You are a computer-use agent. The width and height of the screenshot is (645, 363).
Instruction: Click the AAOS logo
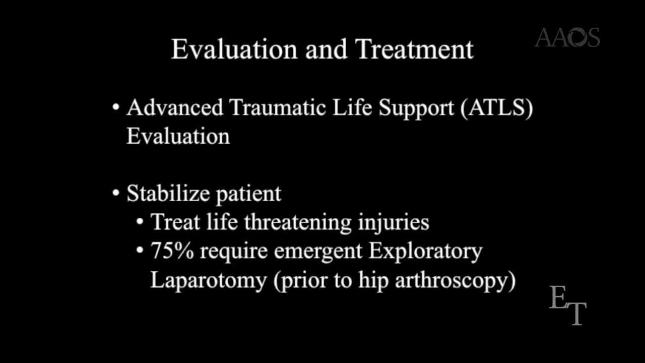tap(567, 38)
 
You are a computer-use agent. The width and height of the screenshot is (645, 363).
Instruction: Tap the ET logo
tap(568, 305)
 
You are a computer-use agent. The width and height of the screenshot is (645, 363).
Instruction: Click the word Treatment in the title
tap(414, 49)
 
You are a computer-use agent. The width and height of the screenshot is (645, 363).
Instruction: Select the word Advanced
tap(174, 107)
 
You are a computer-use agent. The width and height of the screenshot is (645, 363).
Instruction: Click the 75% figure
tap(172, 251)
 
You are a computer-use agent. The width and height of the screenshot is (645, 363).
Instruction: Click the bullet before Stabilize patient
tap(116, 194)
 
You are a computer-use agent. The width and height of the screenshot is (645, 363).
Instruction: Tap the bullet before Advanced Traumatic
tap(116, 108)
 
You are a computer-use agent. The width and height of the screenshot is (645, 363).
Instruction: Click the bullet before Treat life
tap(141, 222)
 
